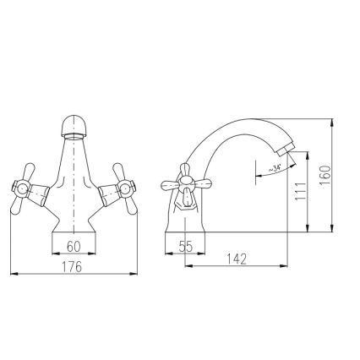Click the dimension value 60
[74, 247]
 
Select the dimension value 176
[72, 267]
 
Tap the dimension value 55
[186, 247]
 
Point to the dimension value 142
[237, 259]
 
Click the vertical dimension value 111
[300, 191]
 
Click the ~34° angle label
[275, 168]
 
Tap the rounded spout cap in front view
[74, 125]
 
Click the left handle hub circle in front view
[22, 188]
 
